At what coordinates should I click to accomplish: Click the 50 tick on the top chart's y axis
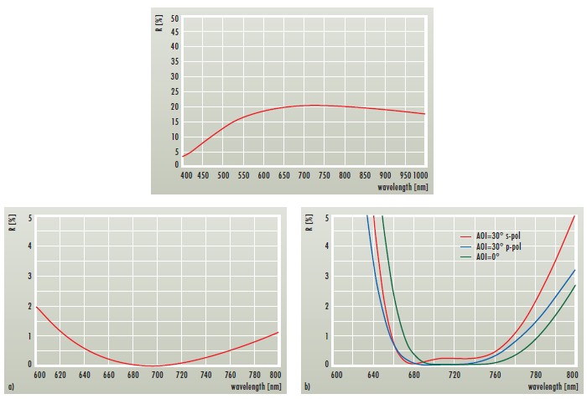coord(174,18)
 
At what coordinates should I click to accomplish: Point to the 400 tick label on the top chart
coord(186,175)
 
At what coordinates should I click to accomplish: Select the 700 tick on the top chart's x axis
coord(304,175)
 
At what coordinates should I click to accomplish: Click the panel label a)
coord(8,387)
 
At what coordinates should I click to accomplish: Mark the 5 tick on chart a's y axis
coord(29,218)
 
